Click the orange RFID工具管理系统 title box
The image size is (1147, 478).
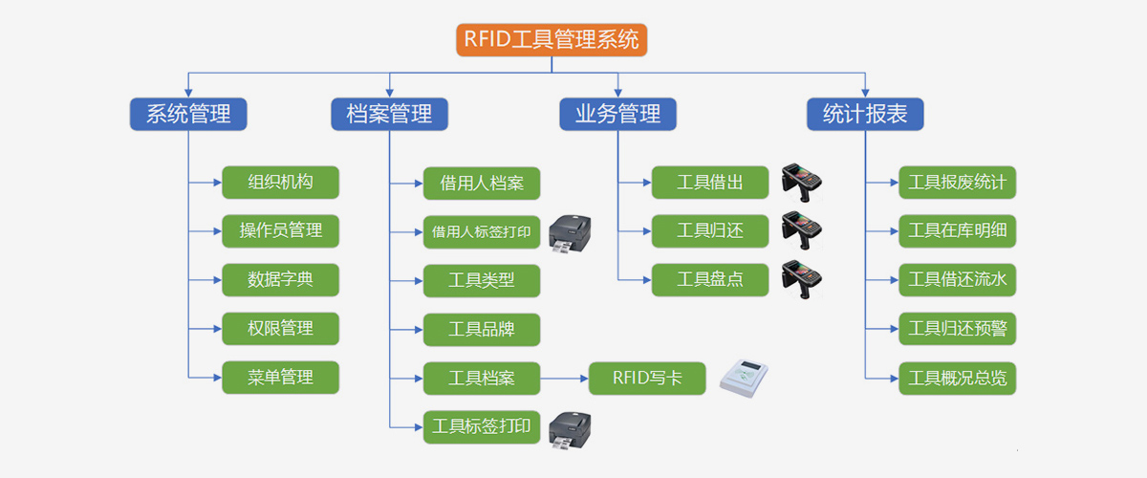552,39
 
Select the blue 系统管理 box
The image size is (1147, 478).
188,114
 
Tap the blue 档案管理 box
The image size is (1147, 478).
390,114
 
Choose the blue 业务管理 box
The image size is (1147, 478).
617,114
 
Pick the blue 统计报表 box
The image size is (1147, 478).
865,114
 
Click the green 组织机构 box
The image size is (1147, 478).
280,182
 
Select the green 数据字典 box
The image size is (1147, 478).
280,279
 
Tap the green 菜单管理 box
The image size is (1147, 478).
280,377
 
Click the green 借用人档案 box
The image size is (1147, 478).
482,182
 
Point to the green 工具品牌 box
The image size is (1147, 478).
482,329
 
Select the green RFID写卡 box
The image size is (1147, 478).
647,378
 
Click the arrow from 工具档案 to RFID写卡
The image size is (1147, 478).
563,378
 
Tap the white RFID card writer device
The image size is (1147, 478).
743,378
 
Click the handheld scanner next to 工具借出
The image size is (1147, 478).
801,181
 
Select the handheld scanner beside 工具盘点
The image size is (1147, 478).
801,278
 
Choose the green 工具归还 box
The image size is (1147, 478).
709,230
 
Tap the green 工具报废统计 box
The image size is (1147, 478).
957,182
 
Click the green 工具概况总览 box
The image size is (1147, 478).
957,378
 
